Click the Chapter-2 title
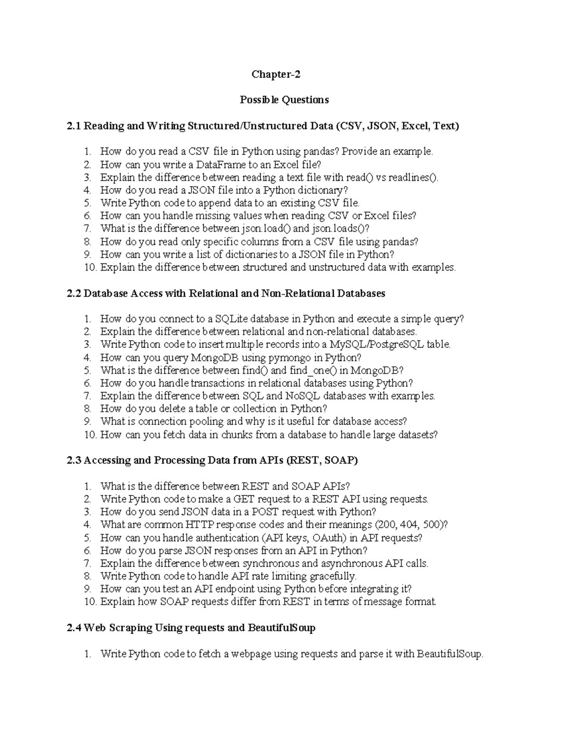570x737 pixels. [276, 75]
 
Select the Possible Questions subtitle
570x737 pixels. [284, 100]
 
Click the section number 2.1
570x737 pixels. [75, 126]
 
